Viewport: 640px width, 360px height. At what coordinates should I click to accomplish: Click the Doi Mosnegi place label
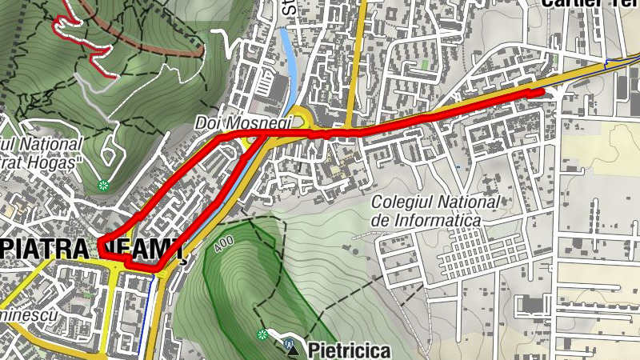tap(243, 123)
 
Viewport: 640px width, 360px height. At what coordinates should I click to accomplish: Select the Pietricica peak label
tap(350, 350)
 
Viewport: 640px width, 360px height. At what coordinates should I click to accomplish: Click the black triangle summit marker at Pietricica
tap(293, 350)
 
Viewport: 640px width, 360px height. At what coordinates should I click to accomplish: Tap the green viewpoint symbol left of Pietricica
tap(262, 334)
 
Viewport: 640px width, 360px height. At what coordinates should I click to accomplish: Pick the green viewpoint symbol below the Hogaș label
tap(102, 186)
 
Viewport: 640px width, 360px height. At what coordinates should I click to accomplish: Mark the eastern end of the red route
tap(542, 93)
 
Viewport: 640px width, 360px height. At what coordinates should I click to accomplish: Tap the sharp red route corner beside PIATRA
tap(102, 242)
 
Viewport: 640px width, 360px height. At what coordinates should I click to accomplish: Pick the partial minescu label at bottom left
tap(28, 316)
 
